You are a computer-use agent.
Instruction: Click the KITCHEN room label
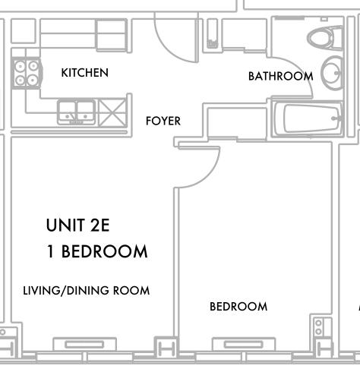pyautogui.click(x=85, y=73)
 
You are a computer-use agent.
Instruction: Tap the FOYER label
pyautogui.click(x=163, y=121)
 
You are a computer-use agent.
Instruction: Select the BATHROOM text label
pyautogui.click(x=280, y=76)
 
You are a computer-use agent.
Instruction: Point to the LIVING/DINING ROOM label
pyautogui.click(x=87, y=291)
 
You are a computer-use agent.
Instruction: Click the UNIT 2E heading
pyautogui.click(x=77, y=225)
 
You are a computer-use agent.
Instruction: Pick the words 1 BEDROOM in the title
pyautogui.click(x=97, y=251)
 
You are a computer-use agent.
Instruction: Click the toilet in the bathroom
pyautogui.click(x=325, y=38)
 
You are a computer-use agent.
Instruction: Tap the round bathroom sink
pyautogui.click(x=332, y=73)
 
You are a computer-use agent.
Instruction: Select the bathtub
pyautogui.click(x=307, y=118)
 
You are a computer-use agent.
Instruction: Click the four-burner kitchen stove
pyautogui.click(x=27, y=73)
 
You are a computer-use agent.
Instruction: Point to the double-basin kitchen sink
pyautogui.click(x=76, y=112)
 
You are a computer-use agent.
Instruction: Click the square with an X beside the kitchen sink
pyautogui.click(x=112, y=112)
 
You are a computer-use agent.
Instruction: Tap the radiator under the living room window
pyautogui.click(x=84, y=344)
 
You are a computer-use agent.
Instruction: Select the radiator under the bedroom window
pyautogui.click(x=244, y=344)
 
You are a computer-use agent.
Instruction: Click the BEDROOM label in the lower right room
pyautogui.click(x=238, y=307)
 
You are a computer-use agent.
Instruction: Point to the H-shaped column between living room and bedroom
pyautogui.click(x=166, y=348)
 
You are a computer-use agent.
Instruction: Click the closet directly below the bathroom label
pyautogui.click(x=237, y=123)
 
